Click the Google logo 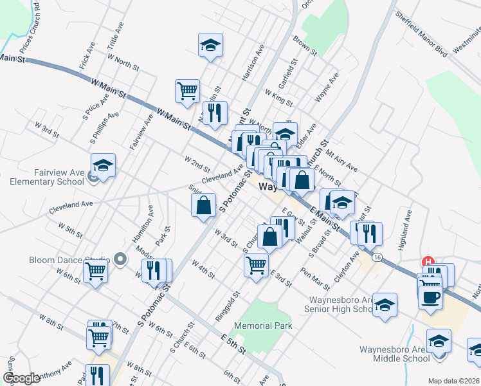click(x=22, y=378)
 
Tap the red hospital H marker click(x=426, y=262)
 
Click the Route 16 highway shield click(x=377, y=257)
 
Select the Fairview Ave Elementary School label click(x=47, y=177)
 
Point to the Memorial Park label click(x=263, y=326)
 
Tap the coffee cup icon click(x=430, y=297)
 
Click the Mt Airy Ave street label click(x=341, y=158)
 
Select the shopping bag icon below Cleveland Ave click(x=203, y=206)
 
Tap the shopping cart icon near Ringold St click(x=257, y=264)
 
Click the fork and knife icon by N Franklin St click(x=215, y=113)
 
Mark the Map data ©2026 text click(x=453, y=381)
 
